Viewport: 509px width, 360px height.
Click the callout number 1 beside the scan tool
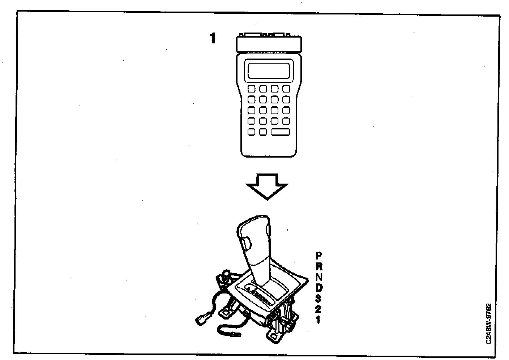tap(213, 38)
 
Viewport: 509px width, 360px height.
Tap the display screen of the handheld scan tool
tap(268, 70)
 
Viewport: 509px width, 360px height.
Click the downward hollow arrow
tap(267, 186)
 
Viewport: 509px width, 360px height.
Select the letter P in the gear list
tap(318, 256)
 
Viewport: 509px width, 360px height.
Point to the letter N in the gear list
tap(318, 277)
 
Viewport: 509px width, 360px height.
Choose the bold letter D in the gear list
tap(318, 288)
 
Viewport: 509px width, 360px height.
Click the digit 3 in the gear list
tap(318, 299)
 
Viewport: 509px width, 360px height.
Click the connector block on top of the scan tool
tap(268, 44)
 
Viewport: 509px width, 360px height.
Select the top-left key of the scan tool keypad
tap(252, 89)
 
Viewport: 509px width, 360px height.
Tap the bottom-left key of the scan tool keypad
tap(252, 132)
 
